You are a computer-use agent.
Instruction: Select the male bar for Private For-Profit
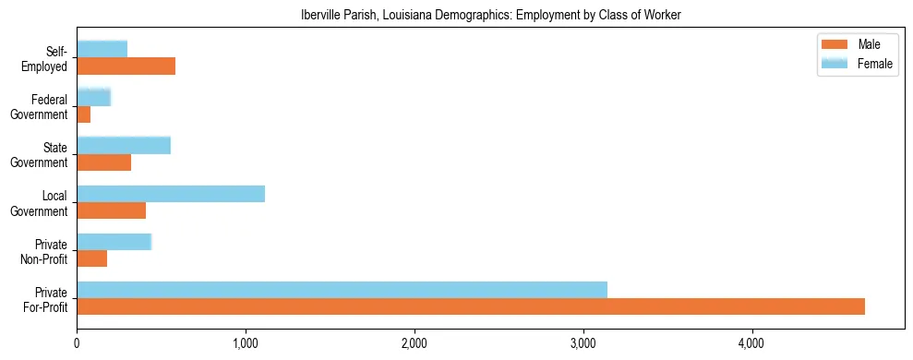tap(471, 306)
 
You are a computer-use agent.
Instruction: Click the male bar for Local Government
tap(111, 210)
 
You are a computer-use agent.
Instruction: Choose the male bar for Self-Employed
tap(126, 66)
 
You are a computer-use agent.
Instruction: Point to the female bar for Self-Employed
tap(102, 49)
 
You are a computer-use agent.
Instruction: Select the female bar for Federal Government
tap(93, 97)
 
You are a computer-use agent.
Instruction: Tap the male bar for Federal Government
tap(83, 114)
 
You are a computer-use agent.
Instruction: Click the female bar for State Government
tap(124, 145)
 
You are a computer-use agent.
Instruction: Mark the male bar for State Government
tap(103, 162)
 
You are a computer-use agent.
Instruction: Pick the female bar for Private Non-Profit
tap(114, 241)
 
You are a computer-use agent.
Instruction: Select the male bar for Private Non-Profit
tap(91, 258)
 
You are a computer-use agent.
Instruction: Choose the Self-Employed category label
tap(51, 58)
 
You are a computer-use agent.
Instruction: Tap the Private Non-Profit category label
tap(50, 251)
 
